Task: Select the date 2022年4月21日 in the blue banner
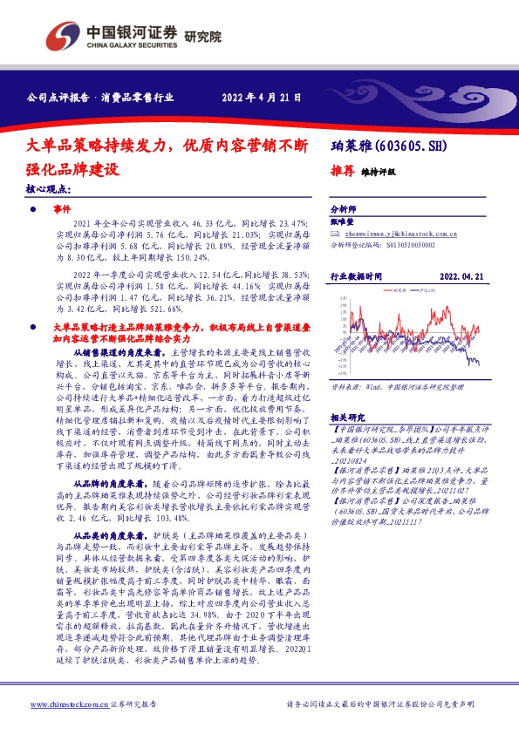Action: (262, 98)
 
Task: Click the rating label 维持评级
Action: (378, 172)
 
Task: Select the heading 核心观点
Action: (49, 188)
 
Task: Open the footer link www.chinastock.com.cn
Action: (60, 704)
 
